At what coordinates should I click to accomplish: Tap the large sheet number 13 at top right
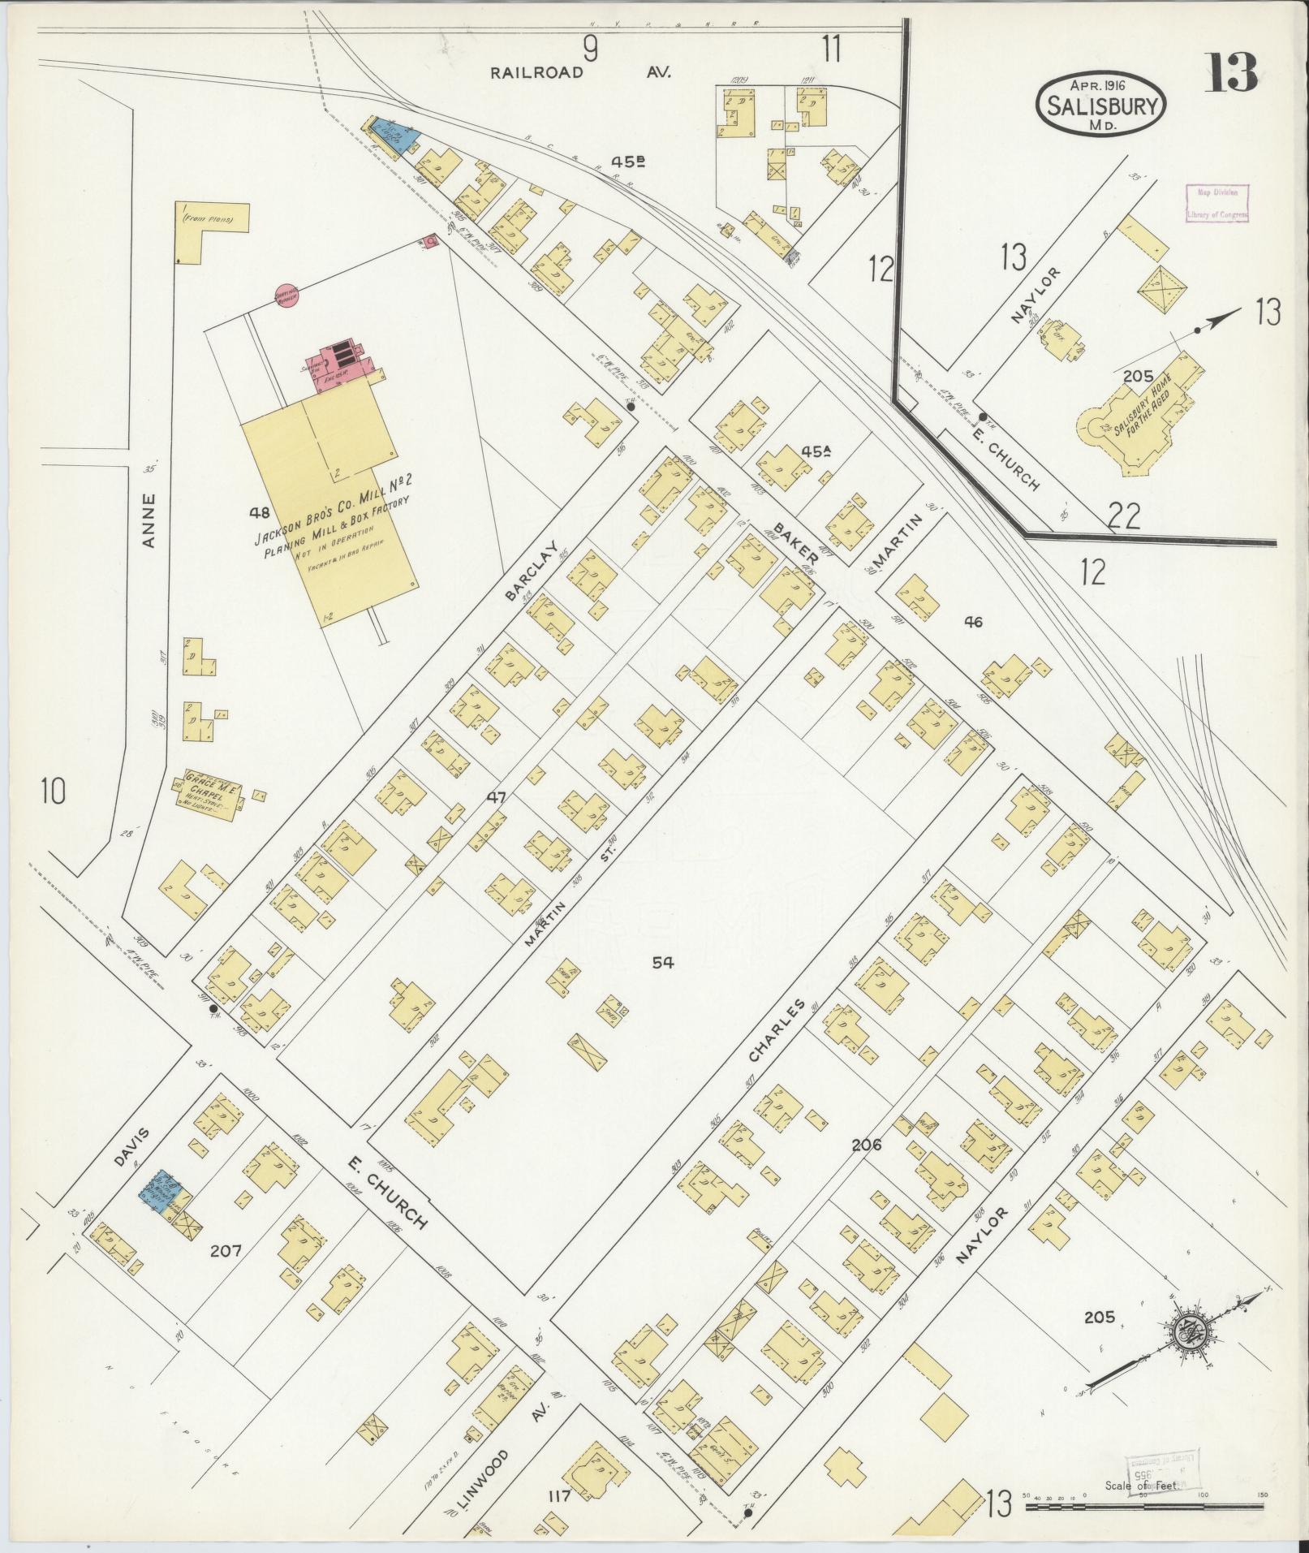[1231, 72]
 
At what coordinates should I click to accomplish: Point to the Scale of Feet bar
[1144, 1507]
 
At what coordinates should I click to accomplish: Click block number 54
[663, 963]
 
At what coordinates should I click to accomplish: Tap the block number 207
[226, 1251]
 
